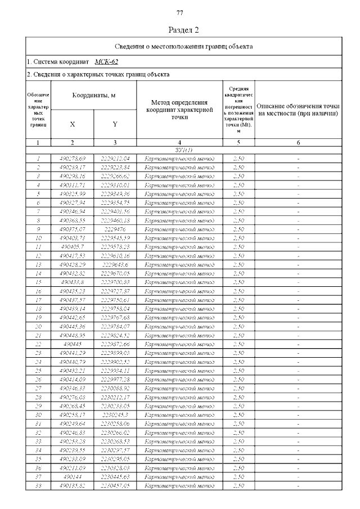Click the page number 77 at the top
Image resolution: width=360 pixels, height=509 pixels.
click(180, 13)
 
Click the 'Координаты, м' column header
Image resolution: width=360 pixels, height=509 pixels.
click(93, 96)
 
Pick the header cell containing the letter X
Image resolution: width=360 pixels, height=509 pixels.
click(73, 124)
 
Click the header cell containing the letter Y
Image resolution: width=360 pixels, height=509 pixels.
click(115, 124)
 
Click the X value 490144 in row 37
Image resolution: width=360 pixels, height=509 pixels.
click(73, 476)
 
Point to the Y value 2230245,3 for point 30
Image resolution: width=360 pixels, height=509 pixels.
click(115, 414)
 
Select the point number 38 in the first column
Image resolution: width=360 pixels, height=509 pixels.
click(38, 485)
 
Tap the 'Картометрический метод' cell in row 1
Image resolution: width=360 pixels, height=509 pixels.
click(179, 159)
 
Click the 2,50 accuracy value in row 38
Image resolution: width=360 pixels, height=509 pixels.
click(238, 485)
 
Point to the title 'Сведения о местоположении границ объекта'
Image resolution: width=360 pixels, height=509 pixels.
click(184, 46)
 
